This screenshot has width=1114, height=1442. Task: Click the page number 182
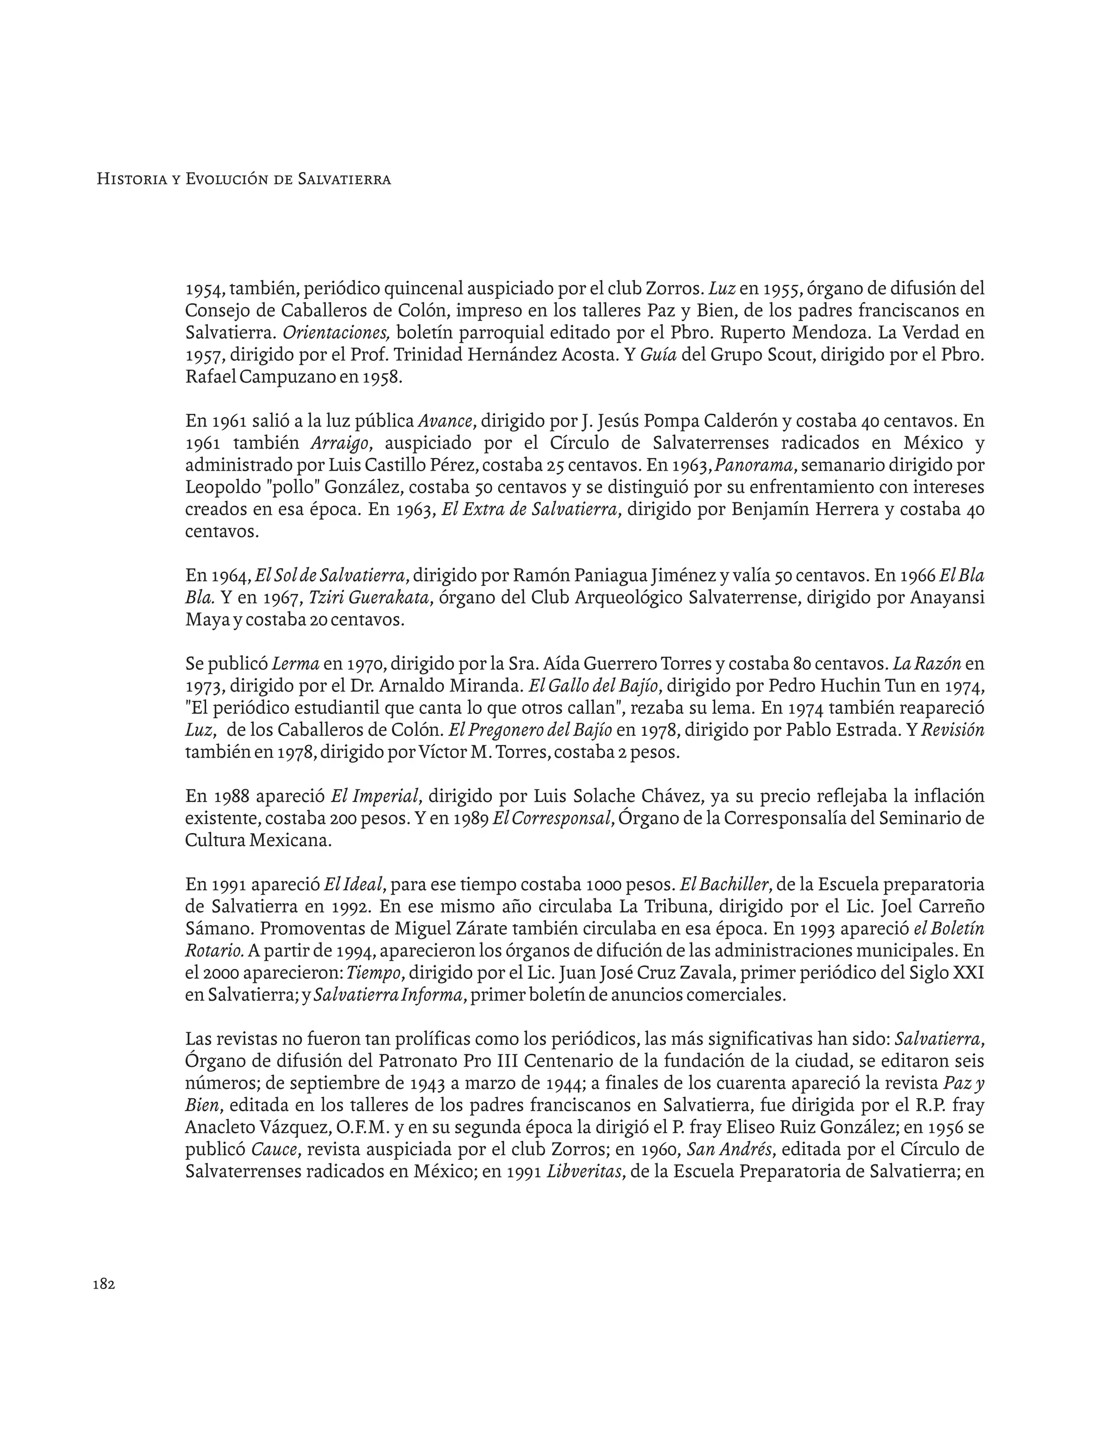[104, 1284]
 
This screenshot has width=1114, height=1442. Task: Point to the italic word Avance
[445, 421]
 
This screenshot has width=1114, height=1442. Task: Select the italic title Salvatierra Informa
[387, 995]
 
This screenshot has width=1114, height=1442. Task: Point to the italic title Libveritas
[585, 1172]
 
